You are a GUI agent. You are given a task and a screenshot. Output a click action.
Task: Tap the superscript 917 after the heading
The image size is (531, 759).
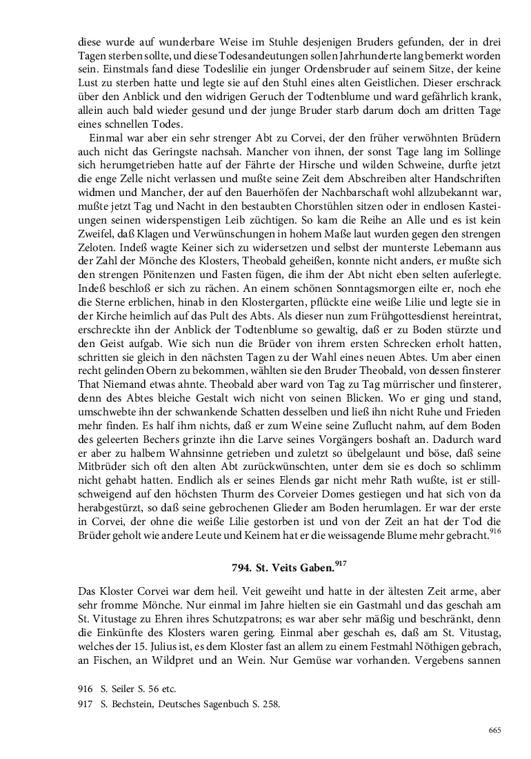pyautogui.click(x=339, y=563)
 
